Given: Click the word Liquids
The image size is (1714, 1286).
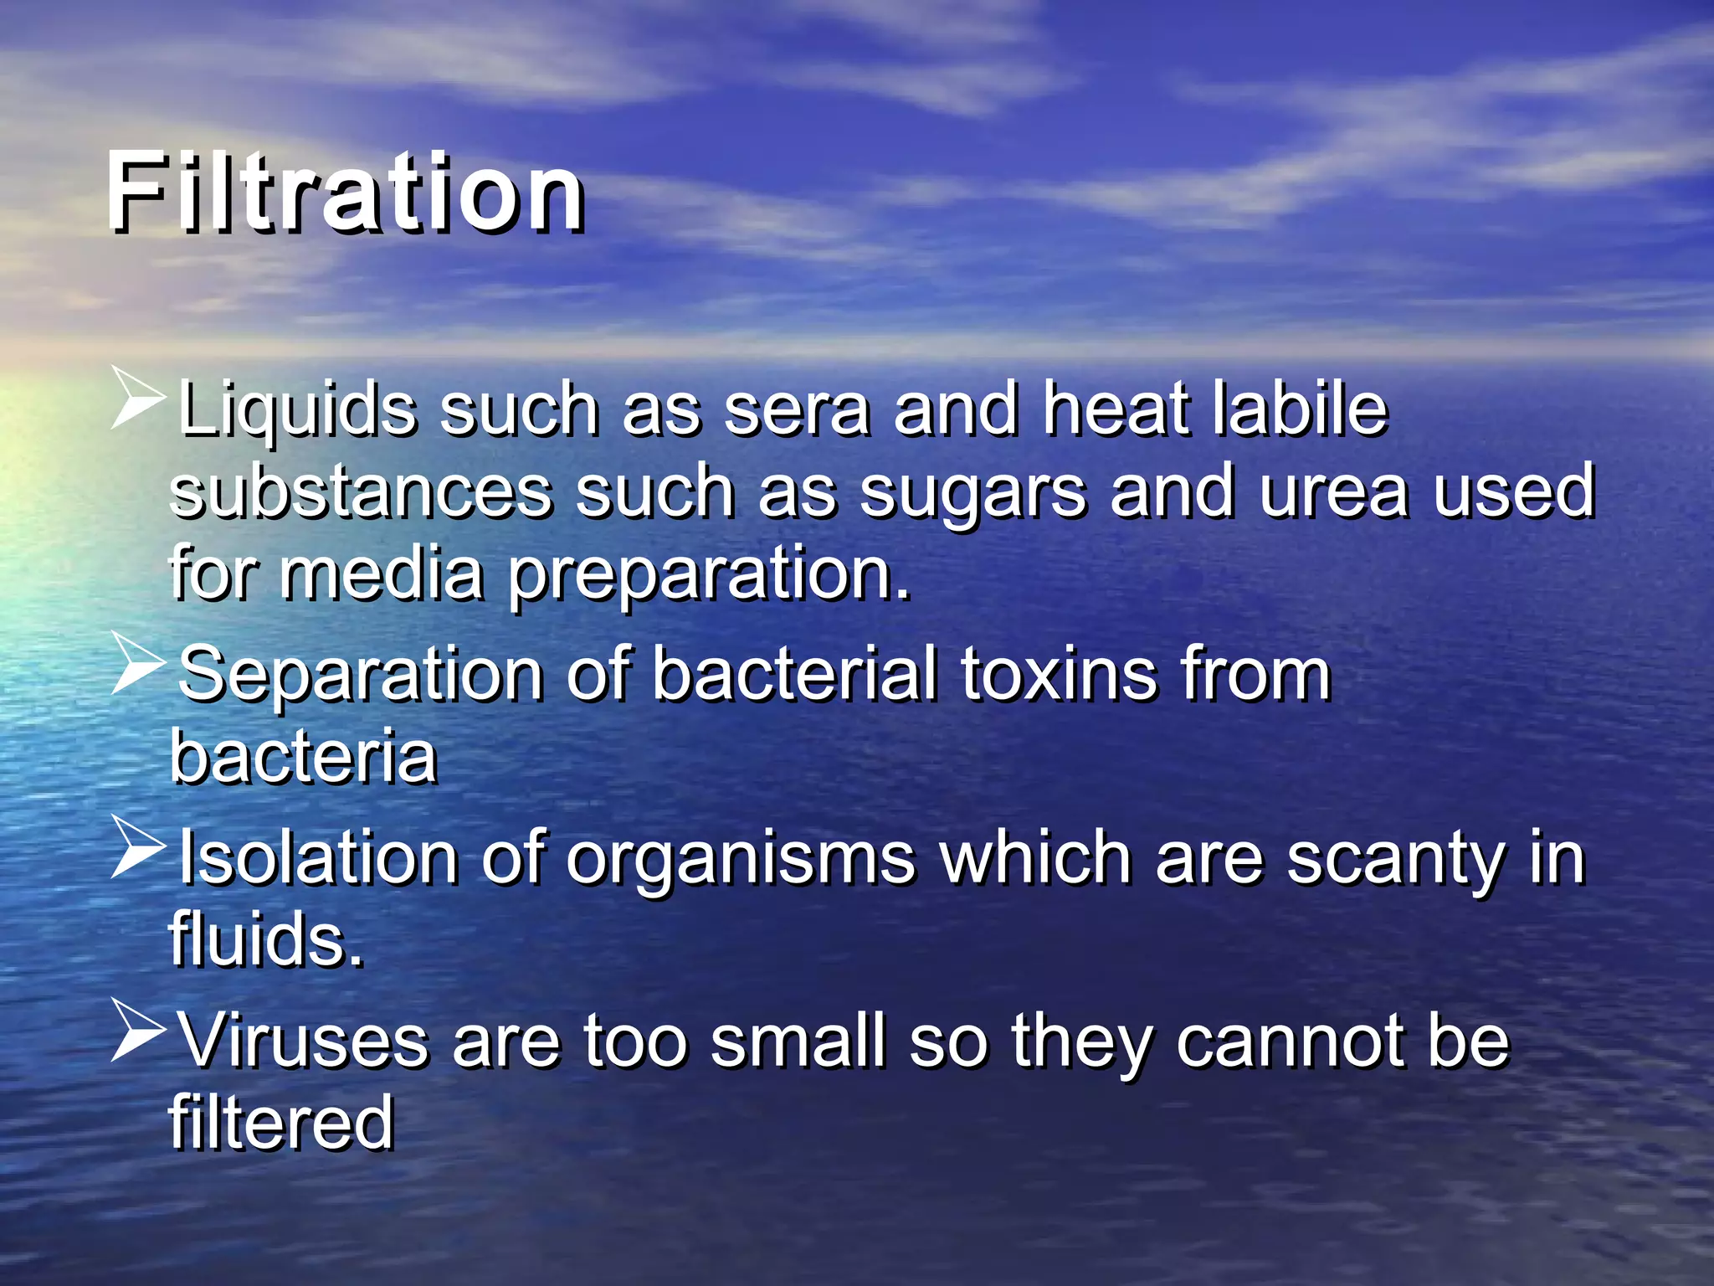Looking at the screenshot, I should tap(296, 410).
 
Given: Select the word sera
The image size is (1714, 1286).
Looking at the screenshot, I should tap(796, 410).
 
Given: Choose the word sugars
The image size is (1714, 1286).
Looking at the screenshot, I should tap(973, 494).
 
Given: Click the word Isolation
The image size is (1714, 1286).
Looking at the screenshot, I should tap(318, 857).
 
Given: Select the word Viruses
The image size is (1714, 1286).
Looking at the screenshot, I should tap(303, 1042).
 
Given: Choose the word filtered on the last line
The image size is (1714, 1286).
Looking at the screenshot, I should tap(281, 1122).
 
